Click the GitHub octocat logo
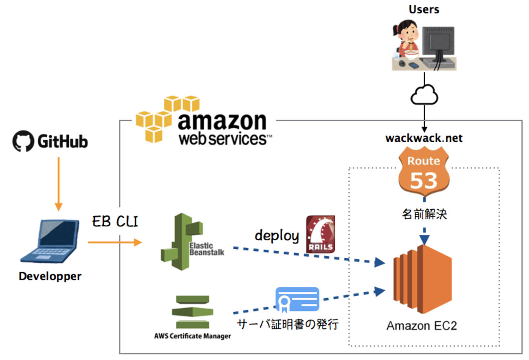[x=23, y=141]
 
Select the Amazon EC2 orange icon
[x=423, y=279]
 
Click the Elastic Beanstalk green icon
[x=181, y=242]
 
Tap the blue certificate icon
[x=297, y=299]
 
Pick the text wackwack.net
[x=424, y=138]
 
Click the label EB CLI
[x=115, y=222]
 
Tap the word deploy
[x=277, y=235]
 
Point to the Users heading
[x=424, y=9]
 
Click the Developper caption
[x=50, y=276]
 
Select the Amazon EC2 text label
[x=422, y=326]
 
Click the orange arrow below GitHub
[x=59, y=183]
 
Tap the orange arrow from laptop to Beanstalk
[x=115, y=243]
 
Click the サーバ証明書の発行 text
[x=288, y=325]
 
